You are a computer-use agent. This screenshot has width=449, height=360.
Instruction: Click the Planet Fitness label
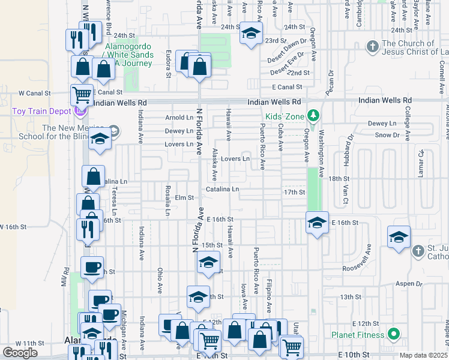tap(357, 335)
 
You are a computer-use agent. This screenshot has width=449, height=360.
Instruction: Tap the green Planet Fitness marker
tap(394, 334)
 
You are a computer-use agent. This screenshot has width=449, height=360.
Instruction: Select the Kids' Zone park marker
tap(312, 114)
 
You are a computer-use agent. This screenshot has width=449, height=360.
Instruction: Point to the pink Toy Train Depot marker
tap(80, 111)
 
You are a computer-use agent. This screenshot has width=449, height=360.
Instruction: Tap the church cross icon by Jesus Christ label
tap(372, 46)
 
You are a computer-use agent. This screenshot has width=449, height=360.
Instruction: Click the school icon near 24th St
tap(250, 34)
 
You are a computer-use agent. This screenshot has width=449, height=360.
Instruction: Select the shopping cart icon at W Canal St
tap(82, 94)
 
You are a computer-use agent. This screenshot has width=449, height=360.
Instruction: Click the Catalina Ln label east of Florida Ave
tap(222, 190)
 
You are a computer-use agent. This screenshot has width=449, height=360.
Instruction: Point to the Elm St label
tap(184, 197)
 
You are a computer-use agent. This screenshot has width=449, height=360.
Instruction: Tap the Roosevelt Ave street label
tap(370, 256)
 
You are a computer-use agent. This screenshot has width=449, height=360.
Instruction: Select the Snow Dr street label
tap(387, 135)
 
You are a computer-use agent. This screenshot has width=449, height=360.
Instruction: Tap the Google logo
tap(20, 353)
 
